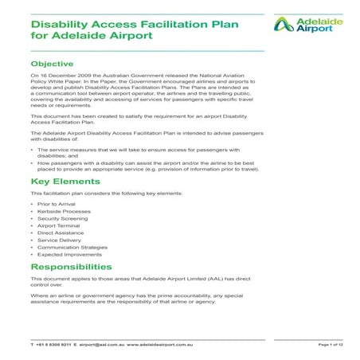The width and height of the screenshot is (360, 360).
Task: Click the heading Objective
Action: tap(52, 63)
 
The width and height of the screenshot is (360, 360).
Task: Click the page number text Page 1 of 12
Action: tap(330, 343)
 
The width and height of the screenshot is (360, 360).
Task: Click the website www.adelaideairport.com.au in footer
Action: tap(162, 343)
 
